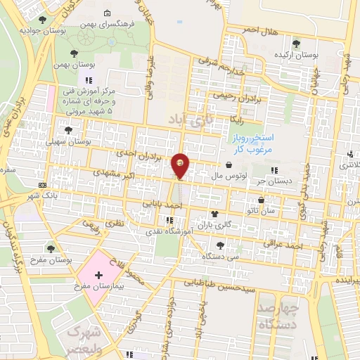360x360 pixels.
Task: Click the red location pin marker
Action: (181, 165)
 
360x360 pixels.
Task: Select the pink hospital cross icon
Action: (98, 274)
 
